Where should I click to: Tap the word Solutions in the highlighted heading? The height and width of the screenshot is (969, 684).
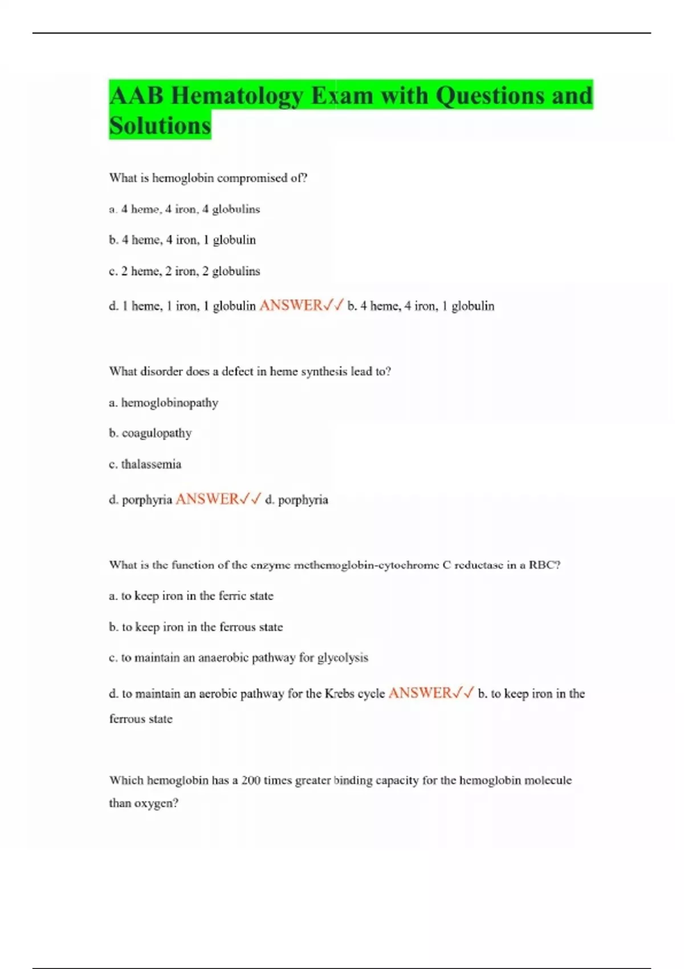coord(160,126)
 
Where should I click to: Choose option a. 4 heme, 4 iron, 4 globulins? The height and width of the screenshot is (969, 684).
coord(184,209)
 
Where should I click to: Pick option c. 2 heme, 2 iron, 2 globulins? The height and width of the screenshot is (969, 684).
coord(184,271)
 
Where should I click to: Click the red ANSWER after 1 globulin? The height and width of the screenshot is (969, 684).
coord(291,306)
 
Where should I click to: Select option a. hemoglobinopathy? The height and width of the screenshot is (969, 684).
coord(164,403)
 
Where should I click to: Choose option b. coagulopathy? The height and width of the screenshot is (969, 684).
coord(150,433)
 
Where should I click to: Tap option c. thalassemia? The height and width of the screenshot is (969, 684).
coord(145,465)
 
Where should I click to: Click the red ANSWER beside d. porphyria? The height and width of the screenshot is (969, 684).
coord(207,499)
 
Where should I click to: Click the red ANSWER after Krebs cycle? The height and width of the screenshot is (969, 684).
coord(420,693)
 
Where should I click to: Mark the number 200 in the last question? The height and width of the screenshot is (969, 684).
coord(251,780)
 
